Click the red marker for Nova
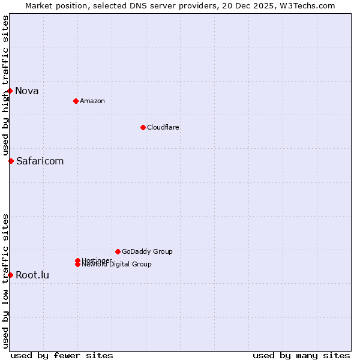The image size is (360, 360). coord(10,91)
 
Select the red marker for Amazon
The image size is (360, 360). coord(76,101)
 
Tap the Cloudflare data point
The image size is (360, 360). coord(143,127)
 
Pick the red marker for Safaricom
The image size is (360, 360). coord(11,161)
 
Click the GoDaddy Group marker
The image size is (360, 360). coord(118,251)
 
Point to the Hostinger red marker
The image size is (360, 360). coord(77,260)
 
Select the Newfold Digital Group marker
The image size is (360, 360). coord(77,264)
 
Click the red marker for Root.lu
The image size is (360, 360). coord(10,275)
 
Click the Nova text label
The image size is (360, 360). coord(27,91)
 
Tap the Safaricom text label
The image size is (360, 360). coord(40,161)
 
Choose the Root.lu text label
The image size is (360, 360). coord(32,275)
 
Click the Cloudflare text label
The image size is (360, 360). coord(163,127)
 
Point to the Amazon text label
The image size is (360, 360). coord(92,101)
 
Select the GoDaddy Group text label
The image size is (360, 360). coord(147,251)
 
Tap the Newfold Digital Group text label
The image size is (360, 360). coord(116,264)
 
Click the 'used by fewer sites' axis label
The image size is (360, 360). coord(62,355)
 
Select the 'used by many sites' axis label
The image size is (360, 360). coord(301,355)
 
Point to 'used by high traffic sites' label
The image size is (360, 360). coord(6,86)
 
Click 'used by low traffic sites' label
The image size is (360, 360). coord(6,281)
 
